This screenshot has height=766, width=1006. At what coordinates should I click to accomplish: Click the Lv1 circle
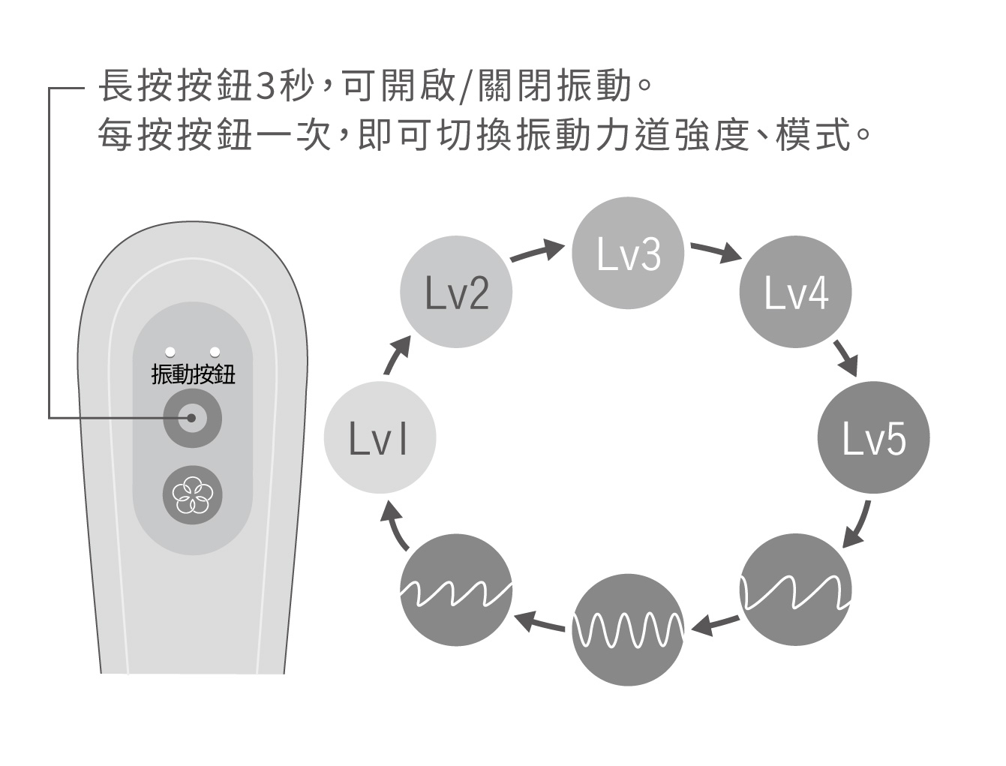pos(380,437)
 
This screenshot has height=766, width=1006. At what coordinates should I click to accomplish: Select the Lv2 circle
pos(457,292)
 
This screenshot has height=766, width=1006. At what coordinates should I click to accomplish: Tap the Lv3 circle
pos(628,253)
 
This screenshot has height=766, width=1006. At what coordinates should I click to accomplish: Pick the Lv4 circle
pos(796,292)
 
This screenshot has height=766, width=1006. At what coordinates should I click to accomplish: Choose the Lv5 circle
pos(873,437)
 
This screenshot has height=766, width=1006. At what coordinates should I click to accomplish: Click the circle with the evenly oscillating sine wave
pos(628,629)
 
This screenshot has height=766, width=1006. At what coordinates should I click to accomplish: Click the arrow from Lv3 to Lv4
pos(716,252)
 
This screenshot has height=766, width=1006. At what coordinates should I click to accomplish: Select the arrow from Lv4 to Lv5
pos(845,357)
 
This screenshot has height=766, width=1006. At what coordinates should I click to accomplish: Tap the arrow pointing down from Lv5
pos(857,524)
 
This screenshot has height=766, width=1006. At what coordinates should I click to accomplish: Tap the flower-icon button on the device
pos(192,496)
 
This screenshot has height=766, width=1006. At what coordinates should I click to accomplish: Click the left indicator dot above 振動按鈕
pos(170,351)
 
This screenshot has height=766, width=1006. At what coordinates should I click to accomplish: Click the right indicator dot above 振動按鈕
pos(215,351)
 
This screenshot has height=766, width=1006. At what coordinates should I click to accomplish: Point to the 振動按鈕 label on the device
pos(193,373)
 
